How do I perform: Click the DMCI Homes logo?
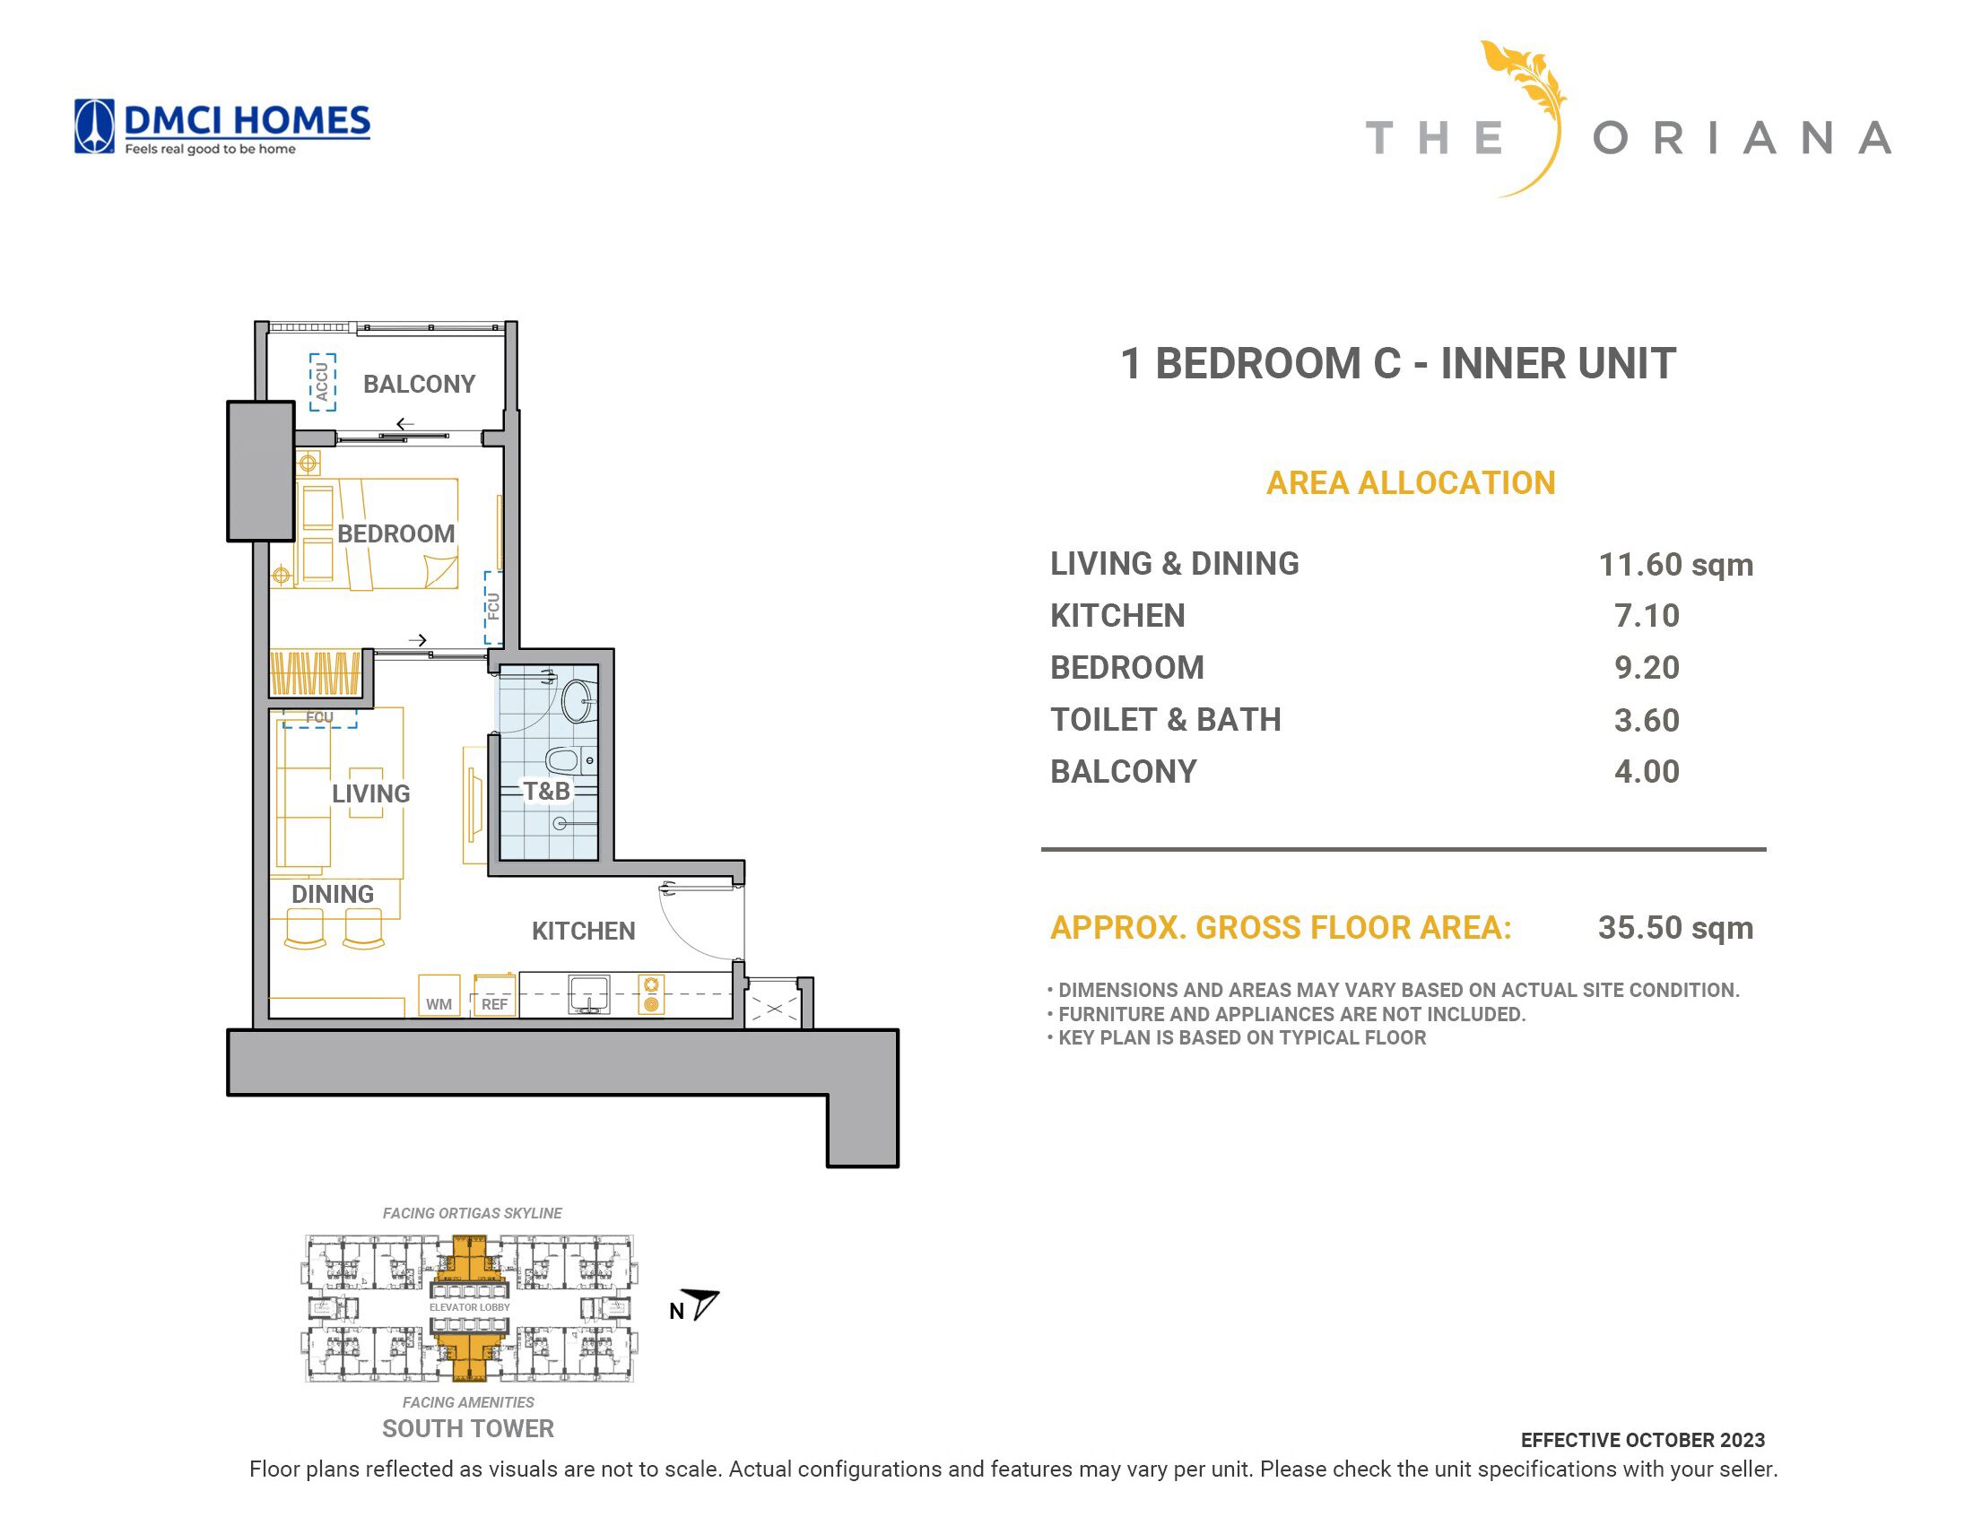point(222,126)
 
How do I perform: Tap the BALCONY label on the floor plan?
point(419,384)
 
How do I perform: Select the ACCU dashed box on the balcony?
point(322,382)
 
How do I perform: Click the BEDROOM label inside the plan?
point(395,533)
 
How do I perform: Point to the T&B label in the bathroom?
point(546,791)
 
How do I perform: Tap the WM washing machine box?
point(439,995)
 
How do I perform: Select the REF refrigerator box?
point(495,995)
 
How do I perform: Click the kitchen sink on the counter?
point(588,994)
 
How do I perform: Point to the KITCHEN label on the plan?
point(583,931)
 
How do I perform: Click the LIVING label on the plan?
point(370,793)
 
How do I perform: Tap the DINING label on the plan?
point(333,894)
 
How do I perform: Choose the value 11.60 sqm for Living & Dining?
point(1676,565)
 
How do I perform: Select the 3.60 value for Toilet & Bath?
point(1647,720)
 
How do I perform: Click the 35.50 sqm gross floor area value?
point(1676,927)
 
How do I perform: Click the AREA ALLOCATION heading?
point(1411,483)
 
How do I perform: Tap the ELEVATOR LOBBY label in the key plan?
point(470,1307)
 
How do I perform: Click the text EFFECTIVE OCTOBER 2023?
point(1642,1440)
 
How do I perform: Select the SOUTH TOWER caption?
point(468,1428)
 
